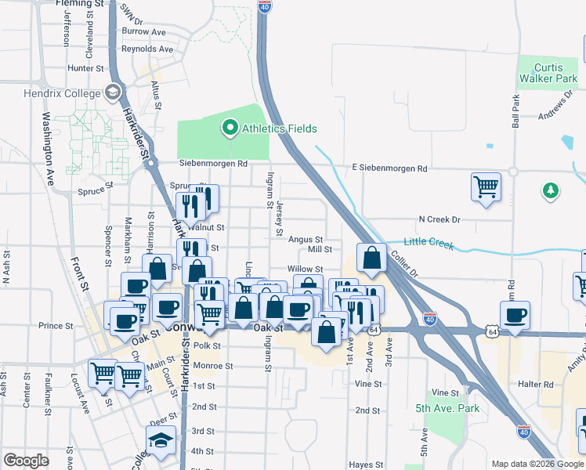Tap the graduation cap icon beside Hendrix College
(x=113, y=93)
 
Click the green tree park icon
(x=551, y=190)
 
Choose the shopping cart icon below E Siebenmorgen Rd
(x=486, y=188)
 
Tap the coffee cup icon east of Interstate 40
(x=515, y=315)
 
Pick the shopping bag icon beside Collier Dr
(x=371, y=258)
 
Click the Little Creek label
(x=429, y=243)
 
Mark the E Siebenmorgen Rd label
(x=389, y=168)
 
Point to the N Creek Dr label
(x=439, y=219)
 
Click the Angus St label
(x=306, y=239)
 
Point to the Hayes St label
(x=366, y=465)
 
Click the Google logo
(x=27, y=461)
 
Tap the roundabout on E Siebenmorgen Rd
(x=513, y=171)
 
